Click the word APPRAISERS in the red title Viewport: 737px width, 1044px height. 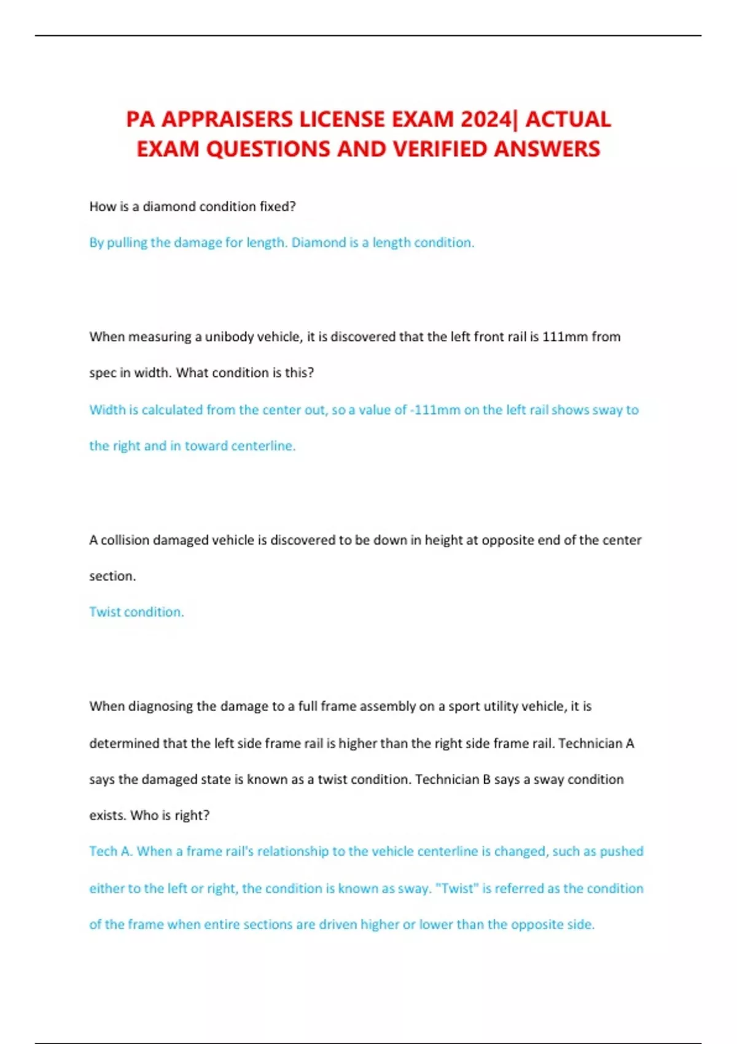[227, 119]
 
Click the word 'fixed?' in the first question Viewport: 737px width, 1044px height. [278, 207]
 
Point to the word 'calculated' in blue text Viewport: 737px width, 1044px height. [172, 410]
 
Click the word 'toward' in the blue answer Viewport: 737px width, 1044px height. [206, 446]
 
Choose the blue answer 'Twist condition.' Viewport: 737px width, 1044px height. [136, 612]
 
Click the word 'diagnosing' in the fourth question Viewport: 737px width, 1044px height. [160, 706]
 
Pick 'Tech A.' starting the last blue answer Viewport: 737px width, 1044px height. [111, 851]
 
